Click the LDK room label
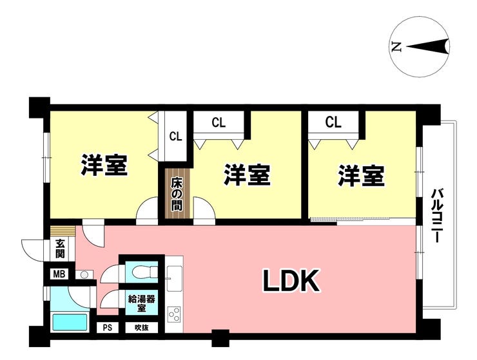click(x=291, y=281)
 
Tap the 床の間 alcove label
click(x=177, y=194)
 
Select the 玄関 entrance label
click(x=60, y=249)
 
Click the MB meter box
click(x=59, y=274)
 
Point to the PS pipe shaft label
click(x=108, y=328)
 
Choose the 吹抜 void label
click(x=142, y=328)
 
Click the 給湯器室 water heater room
click(x=142, y=303)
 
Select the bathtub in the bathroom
click(x=70, y=322)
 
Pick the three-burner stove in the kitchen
click(x=175, y=314)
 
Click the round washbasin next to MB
click(x=84, y=275)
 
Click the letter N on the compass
click(x=396, y=46)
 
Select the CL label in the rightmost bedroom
click(x=333, y=122)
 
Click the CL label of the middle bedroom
click(x=219, y=122)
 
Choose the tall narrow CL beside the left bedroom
click(x=176, y=137)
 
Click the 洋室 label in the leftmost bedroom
click(x=104, y=165)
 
